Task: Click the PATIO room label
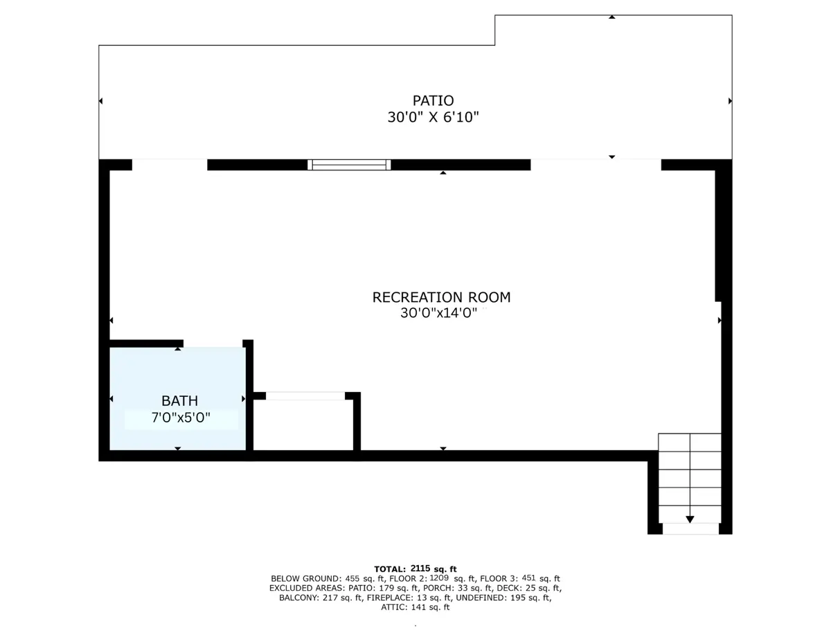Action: tap(433, 100)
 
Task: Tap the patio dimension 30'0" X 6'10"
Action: tap(433, 117)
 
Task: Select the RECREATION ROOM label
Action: tap(441, 297)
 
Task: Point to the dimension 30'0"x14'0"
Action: tap(438, 313)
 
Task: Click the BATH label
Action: tap(180, 401)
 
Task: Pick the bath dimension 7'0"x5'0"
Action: tap(181, 418)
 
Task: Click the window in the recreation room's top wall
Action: tap(349, 165)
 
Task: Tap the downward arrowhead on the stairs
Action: tap(690, 519)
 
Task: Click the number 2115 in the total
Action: tap(420, 568)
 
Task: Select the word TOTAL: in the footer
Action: tap(390, 569)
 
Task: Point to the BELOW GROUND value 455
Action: tap(352, 578)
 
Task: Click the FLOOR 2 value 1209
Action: tap(439, 578)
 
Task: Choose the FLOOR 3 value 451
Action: tap(529, 578)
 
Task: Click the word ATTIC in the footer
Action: tap(395, 607)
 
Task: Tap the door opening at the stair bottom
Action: tap(690, 529)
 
